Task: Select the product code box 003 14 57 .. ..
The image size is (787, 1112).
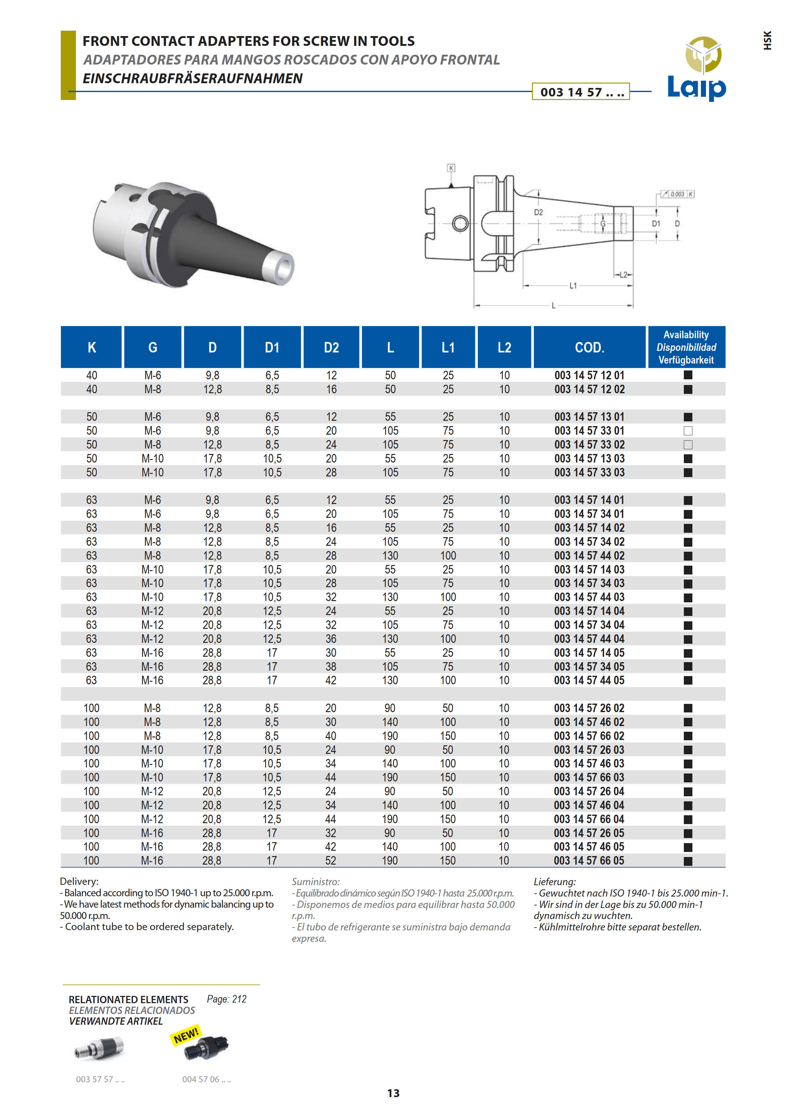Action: (581, 91)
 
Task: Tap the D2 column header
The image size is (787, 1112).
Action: (331, 347)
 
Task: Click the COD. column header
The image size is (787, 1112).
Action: (589, 347)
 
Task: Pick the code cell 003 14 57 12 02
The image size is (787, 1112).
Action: (589, 389)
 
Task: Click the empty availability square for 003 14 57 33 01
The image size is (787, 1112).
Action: (688, 431)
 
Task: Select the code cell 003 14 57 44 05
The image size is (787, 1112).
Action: (589, 680)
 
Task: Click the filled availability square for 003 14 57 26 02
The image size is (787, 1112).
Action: (688, 708)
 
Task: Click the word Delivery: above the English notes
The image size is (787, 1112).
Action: (79, 881)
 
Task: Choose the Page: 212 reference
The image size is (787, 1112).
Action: (226, 999)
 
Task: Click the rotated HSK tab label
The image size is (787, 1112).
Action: (767, 41)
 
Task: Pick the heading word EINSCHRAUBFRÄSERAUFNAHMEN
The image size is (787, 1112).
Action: (192, 78)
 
